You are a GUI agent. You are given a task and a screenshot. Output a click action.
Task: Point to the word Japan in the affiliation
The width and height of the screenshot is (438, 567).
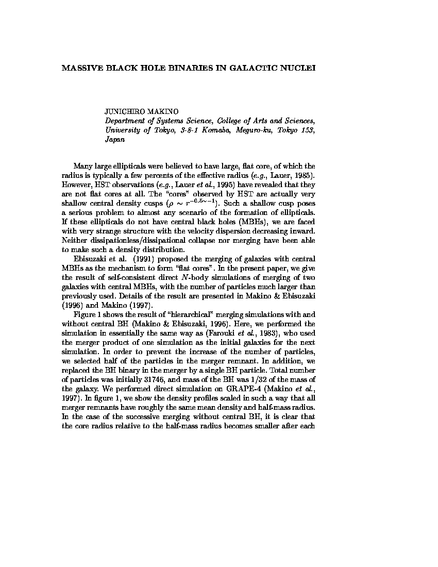pyautogui.click(x=115, y=139)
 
